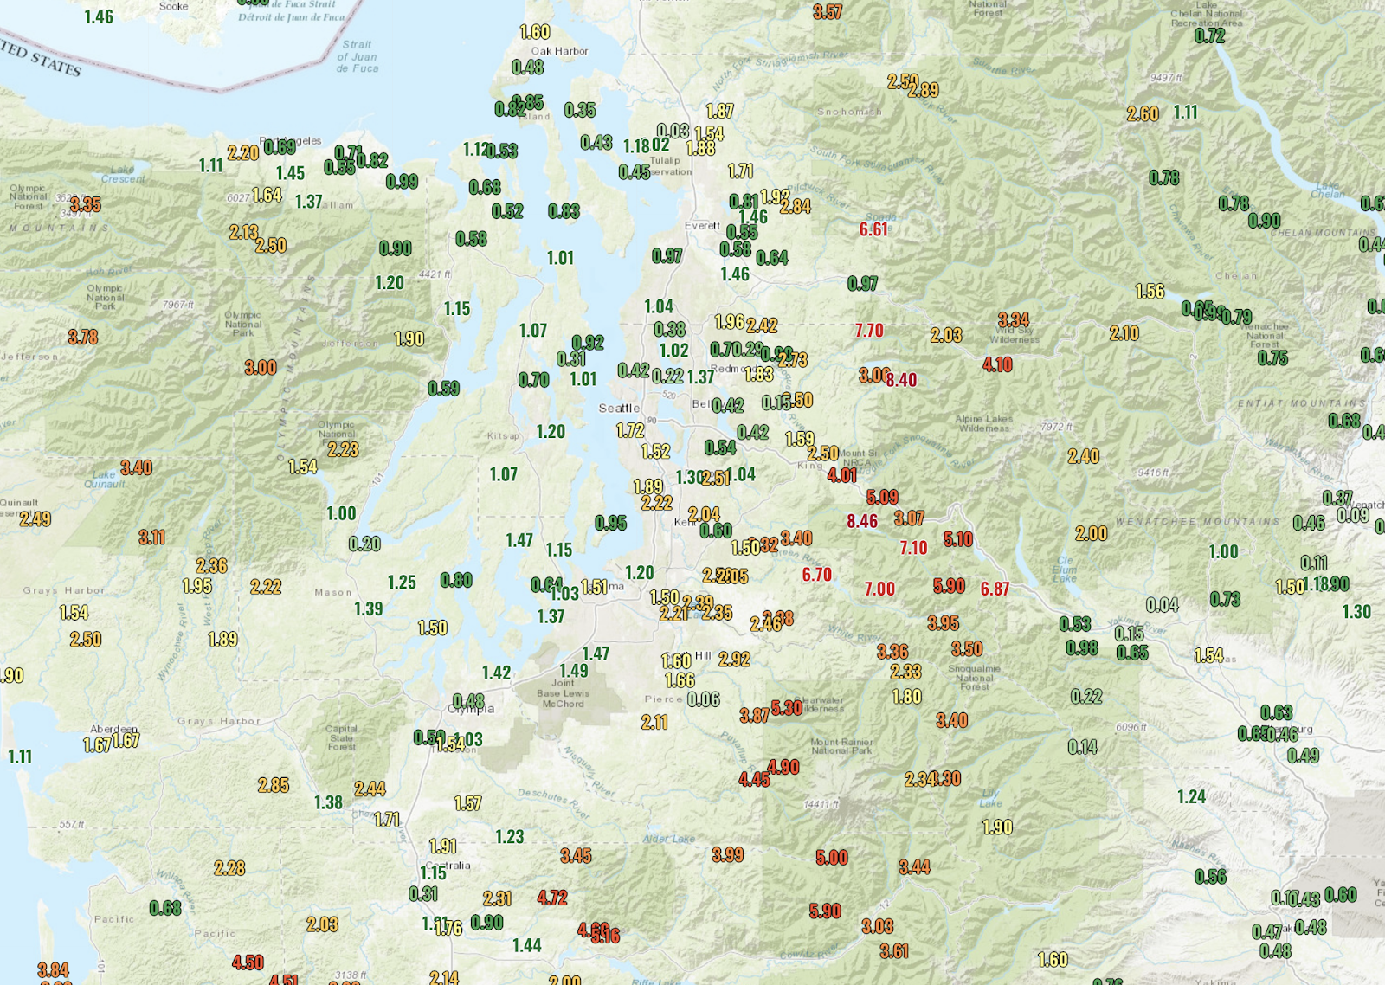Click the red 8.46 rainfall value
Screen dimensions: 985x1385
(x=861, y=521)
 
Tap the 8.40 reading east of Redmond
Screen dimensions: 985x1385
(x=901, y=380)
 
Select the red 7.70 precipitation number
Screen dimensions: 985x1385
(x=868, y=331)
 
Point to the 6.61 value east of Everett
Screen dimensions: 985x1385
(x=873, y=229)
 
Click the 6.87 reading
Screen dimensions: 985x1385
(x=995, y=589)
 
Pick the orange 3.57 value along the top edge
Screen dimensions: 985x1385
(x=828, y=12)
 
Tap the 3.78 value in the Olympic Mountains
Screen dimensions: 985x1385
(x=83, y=338)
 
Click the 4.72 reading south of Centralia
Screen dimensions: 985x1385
(x=552, y=898)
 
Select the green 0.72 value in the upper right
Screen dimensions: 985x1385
(x=1209, y=36)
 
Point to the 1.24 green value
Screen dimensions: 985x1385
(x=1191, y=797)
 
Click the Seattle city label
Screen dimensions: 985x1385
(x=619, y=408)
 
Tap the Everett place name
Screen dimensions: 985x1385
(x=702, y=226)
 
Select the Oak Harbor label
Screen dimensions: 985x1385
(x=559, y=51)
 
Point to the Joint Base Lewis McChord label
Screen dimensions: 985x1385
(x=563, y=693)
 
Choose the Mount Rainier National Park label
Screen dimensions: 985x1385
(x=841, y=746)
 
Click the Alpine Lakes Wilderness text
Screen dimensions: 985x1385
(x=984, y=423)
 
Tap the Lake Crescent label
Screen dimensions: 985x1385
(x=123, y=175)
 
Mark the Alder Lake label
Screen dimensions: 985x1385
(x=668, y=839)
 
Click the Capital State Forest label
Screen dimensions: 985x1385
(x=341, y=737)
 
